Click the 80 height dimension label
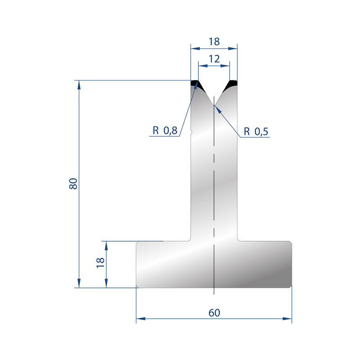pos(73,184)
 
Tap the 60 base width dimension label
pos(214,313)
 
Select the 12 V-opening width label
pos(214,59)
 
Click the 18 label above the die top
pos(214,42)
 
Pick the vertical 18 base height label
pos(100,263)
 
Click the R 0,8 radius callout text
pos(165,130)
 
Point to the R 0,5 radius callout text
pos(256,131)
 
